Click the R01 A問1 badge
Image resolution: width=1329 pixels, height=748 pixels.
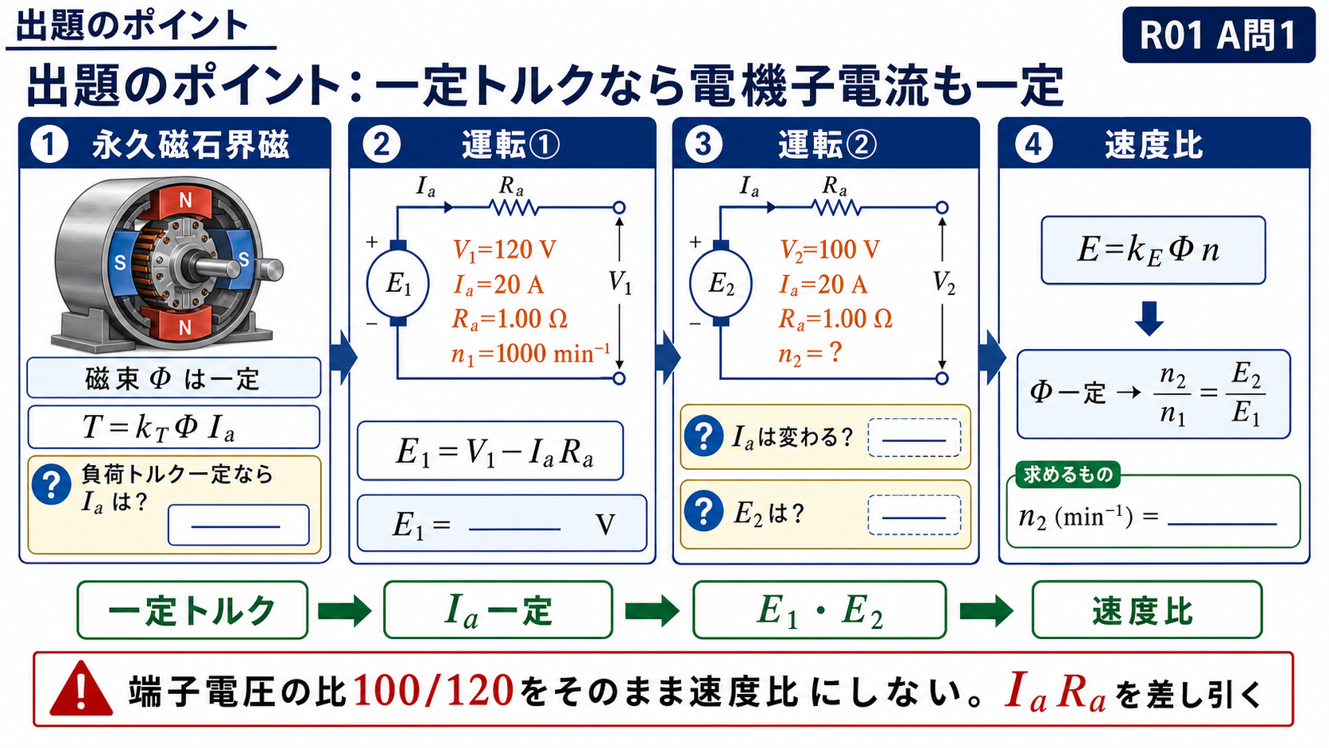1219,34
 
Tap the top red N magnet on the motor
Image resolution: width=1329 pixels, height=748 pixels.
185,202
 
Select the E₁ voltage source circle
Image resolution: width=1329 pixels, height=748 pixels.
398,284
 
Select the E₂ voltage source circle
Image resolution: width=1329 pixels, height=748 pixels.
721,284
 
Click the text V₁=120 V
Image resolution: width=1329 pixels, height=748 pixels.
504,250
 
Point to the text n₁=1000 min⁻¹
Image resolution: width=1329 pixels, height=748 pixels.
530,355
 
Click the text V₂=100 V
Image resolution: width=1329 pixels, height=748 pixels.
830,250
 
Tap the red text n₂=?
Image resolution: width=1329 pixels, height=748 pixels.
810,355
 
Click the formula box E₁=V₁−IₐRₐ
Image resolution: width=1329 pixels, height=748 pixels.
490,451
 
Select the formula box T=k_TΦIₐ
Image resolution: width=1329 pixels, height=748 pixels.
173,427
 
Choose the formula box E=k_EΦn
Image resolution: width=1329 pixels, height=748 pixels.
1153,250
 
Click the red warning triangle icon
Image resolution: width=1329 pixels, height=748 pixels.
81,689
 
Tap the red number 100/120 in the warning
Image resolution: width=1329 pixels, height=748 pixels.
433,691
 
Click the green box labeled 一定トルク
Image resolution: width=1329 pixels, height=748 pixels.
192,610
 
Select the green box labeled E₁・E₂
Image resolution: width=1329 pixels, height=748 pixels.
819,610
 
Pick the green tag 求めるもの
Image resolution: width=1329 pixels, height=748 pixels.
1068,475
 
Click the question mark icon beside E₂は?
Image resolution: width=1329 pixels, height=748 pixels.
703,512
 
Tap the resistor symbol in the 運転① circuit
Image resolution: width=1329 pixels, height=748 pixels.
513,207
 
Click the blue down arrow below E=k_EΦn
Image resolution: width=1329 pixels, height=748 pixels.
1149,319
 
